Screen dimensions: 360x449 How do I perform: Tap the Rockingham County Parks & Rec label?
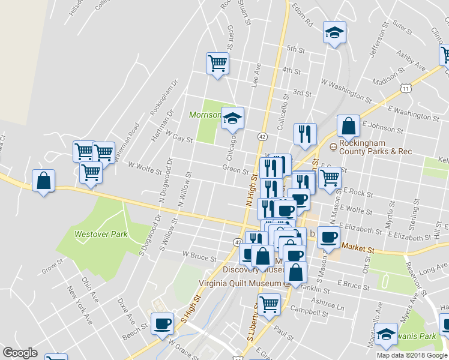(375, 148)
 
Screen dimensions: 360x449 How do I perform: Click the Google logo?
(20, 353)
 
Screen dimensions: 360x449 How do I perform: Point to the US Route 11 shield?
(406, 88)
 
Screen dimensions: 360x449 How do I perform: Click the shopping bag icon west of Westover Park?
(43, 181)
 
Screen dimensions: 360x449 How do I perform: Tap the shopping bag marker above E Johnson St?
(348, 126)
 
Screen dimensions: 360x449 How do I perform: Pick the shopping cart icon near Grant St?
(217, 63)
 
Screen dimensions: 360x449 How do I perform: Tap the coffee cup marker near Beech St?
(162, 324)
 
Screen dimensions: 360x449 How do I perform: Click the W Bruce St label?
(199, 257)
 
